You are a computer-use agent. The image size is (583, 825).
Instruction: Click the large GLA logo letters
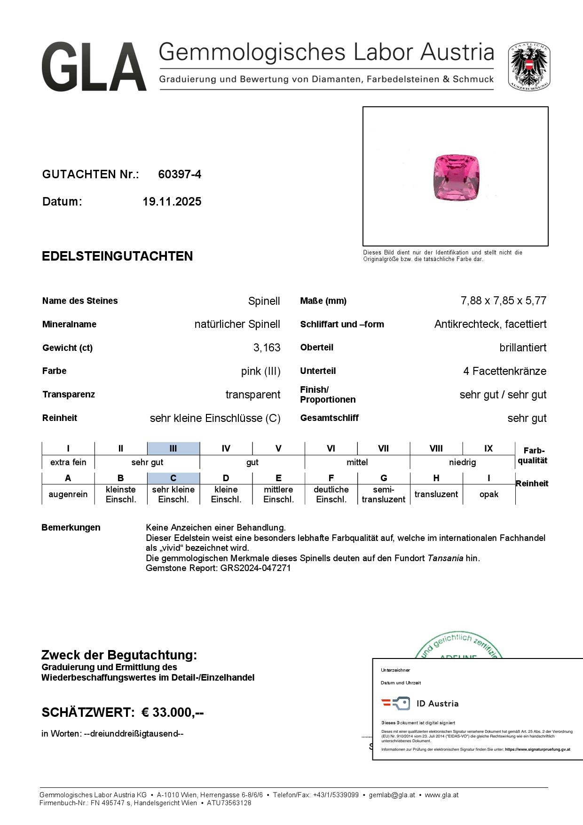pos(94,66)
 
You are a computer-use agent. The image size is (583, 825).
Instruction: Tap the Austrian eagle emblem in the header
pos(529,66)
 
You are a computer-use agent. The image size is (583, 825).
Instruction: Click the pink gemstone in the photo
pos(455,177)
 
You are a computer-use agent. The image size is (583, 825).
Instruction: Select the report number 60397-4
pos(180,175)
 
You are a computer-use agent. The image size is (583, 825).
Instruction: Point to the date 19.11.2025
pos(172,202)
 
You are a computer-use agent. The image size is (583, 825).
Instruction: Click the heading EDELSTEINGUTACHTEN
pos(117,256)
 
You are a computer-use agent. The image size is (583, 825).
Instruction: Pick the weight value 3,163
pos(267,348)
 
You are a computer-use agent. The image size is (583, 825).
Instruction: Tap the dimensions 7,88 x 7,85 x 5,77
pos(504,301)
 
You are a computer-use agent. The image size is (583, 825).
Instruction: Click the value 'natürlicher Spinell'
pos(237,324)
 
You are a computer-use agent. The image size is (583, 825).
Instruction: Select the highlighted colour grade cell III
pos(173,448)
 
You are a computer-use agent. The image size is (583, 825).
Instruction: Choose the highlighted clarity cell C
pos(173,478)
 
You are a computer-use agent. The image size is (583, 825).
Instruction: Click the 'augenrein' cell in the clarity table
pos(68,494)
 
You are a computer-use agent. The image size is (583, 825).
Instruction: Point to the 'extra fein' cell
pos(68,462)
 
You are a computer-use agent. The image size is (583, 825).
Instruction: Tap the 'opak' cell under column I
pos(488,494)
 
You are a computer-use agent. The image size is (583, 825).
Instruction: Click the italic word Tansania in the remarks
pos(445,558)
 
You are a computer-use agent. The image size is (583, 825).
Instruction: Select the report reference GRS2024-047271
pos(255,568)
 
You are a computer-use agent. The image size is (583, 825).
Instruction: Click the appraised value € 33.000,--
pos(173,713)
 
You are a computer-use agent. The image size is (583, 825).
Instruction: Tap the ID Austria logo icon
pos(395,703)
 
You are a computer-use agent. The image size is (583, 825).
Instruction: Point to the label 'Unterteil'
pos(318,371)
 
